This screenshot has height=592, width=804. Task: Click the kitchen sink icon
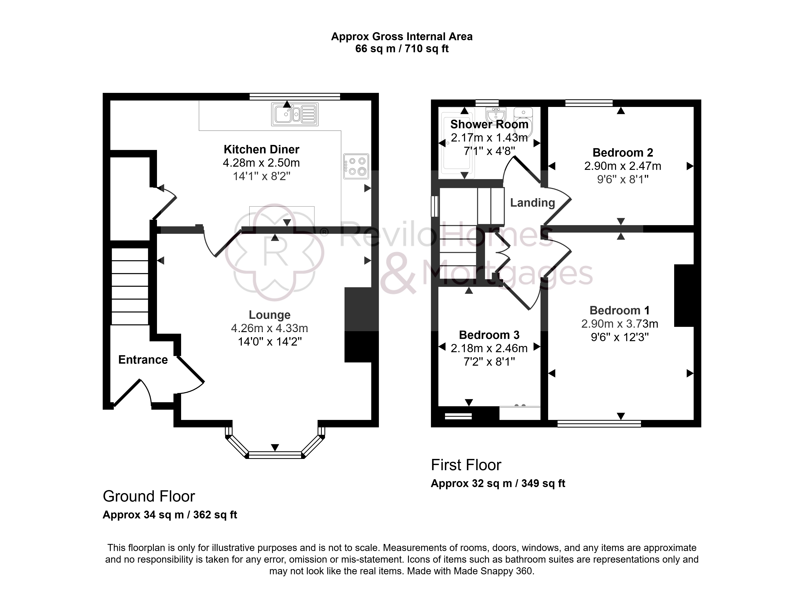pos(295,114)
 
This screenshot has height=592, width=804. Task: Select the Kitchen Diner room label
pos(262,149)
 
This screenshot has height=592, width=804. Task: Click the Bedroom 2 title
pos(623,152)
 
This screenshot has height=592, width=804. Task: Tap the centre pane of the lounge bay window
pos(275,455)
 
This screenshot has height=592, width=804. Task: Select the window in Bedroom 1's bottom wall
pos(599,424)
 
